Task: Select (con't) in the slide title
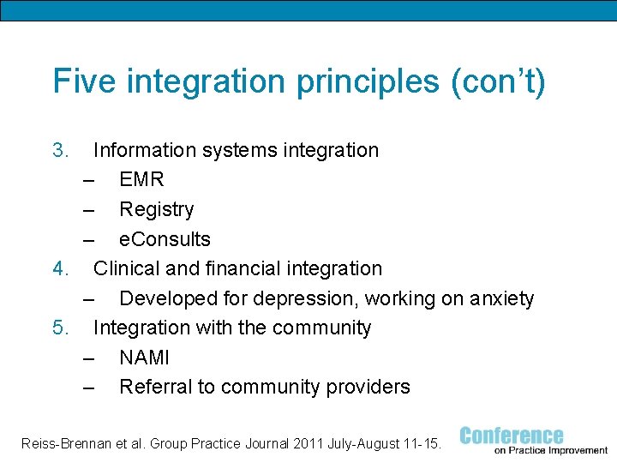(498, 82)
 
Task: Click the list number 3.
(60, 150)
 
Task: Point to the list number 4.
(60, 268)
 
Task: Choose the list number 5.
(60, 328)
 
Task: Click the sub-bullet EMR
(141, 180)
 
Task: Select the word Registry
(157, 209)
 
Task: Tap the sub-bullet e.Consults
(165, 239)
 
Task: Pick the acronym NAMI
(144, 358)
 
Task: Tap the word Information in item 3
(145, 150)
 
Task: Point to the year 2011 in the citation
(309, 443)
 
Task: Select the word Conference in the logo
(512, 436)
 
